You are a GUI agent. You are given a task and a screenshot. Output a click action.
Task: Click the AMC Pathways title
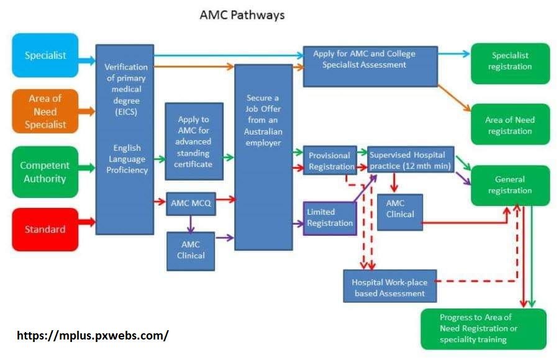tap(242, 16)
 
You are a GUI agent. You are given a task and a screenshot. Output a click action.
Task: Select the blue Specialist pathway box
tap(45, 55)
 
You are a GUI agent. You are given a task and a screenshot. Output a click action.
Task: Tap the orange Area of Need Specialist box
tap(45, 112)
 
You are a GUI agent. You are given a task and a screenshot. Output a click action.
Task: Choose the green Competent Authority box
tap(45, 172)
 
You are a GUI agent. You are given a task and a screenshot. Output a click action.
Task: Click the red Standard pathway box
tap(45, 229)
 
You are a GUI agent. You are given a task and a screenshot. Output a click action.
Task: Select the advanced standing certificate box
tap(194, 142)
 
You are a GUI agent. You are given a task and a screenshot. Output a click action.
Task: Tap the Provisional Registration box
tap(329, 160)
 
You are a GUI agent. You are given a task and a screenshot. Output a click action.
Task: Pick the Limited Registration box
tap(330, 218)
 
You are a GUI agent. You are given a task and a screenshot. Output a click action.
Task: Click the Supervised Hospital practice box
tap(410, 160)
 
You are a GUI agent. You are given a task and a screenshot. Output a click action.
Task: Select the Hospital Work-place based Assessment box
tap(389, 286)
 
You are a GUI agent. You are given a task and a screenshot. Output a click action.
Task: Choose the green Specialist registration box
tap(510, 61)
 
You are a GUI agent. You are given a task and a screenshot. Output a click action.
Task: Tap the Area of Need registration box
tap(510, 125)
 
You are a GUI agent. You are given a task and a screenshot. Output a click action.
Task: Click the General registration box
tap(510, 185)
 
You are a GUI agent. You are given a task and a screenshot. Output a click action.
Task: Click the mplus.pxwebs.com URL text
tap(92, 335)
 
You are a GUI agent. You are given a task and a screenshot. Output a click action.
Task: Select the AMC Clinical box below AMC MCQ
tap(191, 250)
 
